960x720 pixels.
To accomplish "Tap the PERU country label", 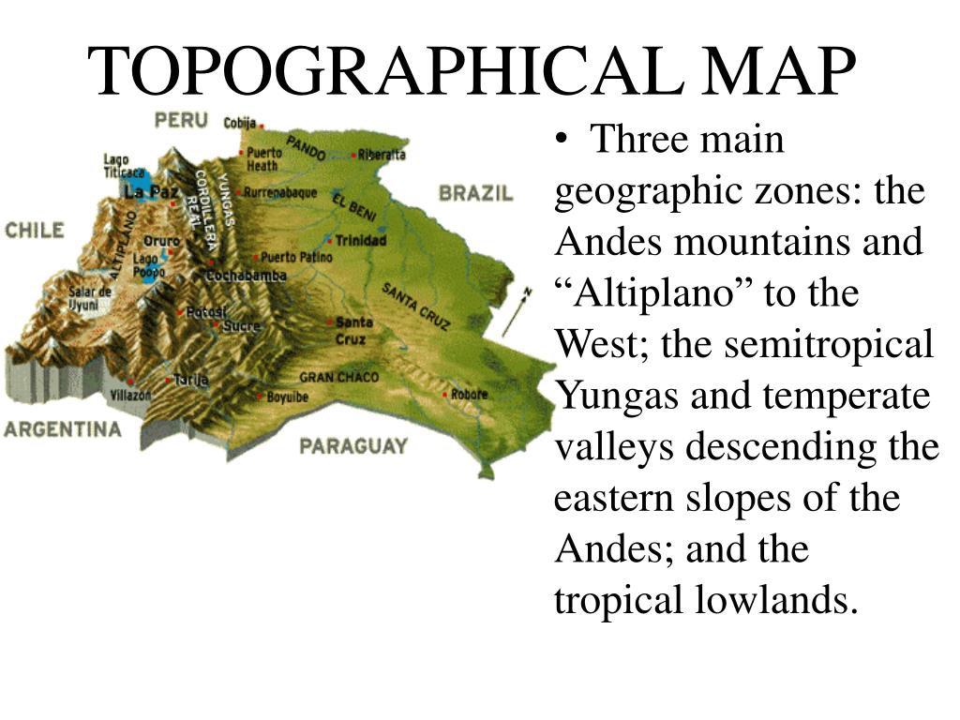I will pos(181,120).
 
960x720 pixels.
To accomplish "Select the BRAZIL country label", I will pos(476,194).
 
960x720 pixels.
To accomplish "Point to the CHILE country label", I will pos(35,231).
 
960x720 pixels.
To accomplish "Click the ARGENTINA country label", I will pos(63,429).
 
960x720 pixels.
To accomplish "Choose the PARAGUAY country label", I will pos(353,445).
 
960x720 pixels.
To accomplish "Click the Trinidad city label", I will pos(361,241).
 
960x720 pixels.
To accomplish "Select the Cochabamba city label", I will pos(247,277).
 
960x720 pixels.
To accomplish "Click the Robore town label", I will pos(468,394).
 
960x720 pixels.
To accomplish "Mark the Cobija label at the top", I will pos(240,123).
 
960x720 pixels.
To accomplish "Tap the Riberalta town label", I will pos(382,155).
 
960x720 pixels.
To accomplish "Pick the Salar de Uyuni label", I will pos(90,298).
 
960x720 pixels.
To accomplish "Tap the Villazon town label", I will pos(130,395).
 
